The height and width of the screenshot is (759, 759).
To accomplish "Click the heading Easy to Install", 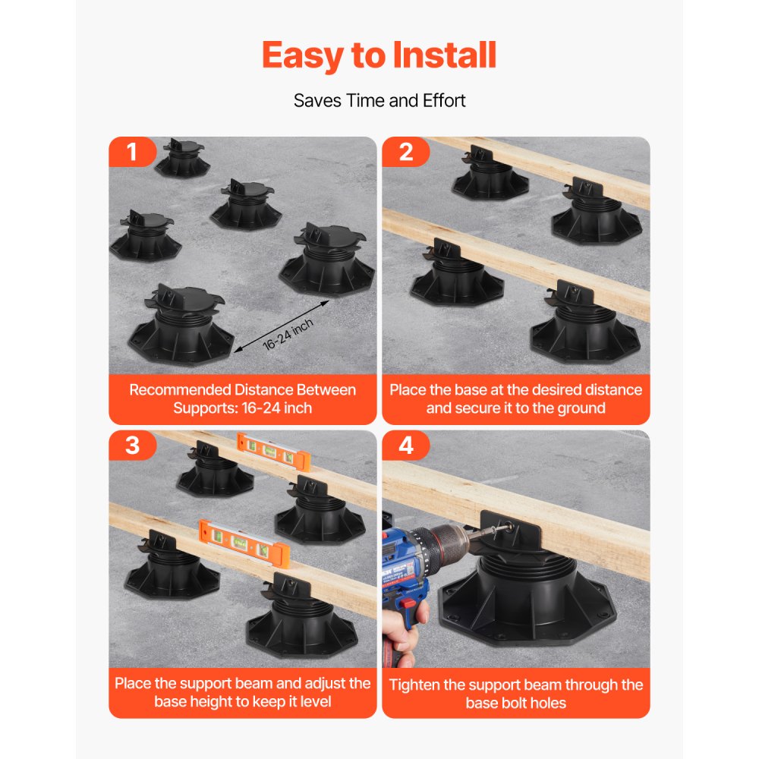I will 379,55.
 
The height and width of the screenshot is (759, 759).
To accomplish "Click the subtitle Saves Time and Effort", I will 379,100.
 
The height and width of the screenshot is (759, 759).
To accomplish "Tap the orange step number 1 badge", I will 132,152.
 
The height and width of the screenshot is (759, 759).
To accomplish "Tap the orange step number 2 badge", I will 405,152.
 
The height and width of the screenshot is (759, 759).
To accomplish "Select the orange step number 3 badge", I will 132,446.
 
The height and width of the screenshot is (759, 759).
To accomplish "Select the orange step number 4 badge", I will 405,446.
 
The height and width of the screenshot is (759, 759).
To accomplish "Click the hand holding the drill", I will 398,645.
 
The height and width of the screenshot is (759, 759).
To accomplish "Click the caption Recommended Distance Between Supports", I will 242,398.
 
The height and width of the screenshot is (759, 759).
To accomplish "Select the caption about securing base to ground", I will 515,398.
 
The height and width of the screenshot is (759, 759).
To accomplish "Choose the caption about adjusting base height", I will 242,692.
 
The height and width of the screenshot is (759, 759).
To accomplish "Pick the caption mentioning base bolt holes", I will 515,693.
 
